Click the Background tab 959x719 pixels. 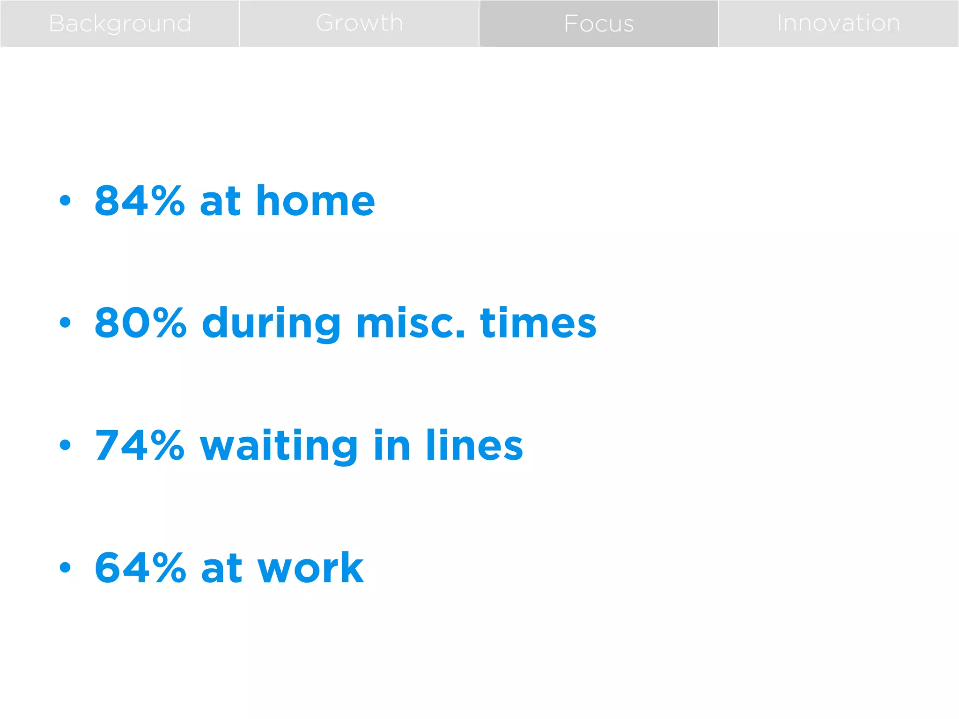tap(120, 23)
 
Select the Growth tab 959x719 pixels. tap(359, 23)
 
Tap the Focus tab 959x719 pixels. tap(599, 23)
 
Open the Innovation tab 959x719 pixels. tap(838, 23)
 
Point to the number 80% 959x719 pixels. tap(140, 323)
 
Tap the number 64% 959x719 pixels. tap(140, 567)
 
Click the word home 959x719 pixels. tap(315, 201)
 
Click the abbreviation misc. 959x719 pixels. tap(411, 323)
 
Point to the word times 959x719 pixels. tap(538, 323)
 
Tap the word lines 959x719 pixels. tap(474, 445)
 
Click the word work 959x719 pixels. tap(310, 567)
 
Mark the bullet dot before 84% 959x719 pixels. tap(65, 201)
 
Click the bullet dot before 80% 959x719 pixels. tap(65, 323)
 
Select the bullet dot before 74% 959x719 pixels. tap(65, 445)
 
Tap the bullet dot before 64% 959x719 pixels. tap(65, 567)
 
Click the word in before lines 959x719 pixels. tap(392, 445)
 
